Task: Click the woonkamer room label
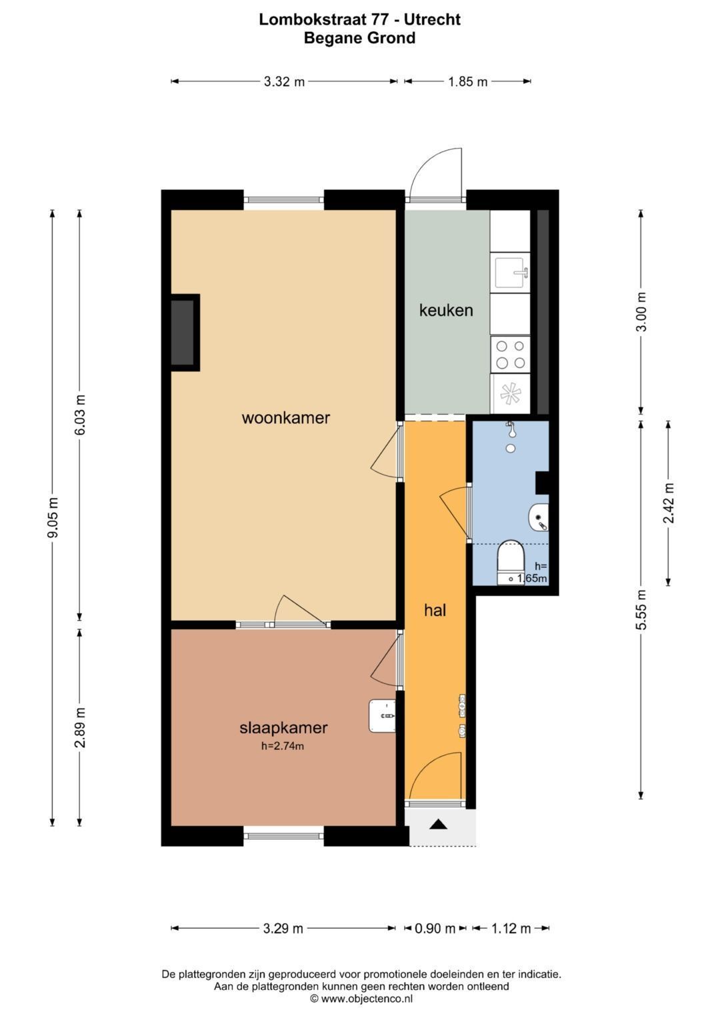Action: (285, 417)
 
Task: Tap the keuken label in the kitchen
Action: (446, 311)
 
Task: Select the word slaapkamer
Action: (283, 727)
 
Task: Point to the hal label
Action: (435, 611)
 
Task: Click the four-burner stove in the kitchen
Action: (510, 355)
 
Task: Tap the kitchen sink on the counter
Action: (510, 273)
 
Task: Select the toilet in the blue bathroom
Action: (511, 562)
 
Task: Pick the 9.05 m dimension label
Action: (53, 517)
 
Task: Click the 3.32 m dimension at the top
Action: (284, 82)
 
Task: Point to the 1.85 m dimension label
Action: (468, 82)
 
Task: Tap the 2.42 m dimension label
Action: (669, 503)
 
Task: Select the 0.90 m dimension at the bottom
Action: (435, 927)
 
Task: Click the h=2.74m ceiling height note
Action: (282, 746)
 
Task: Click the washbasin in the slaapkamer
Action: (383, 716)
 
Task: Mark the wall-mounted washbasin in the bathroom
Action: (539, 517)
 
